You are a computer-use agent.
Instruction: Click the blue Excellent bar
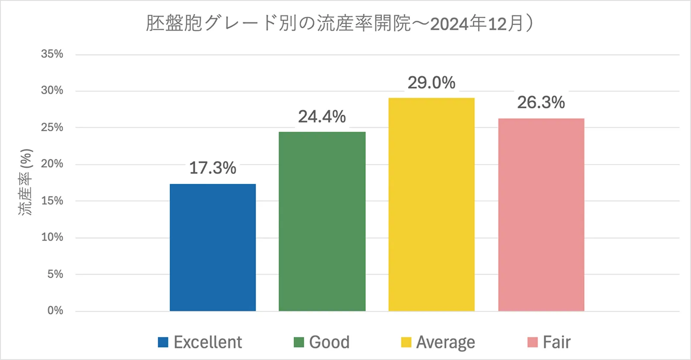pyautogui.click(x=212, y=247)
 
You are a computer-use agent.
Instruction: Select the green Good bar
pyautogui.click(x=322, y=221)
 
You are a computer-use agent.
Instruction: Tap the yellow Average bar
pyautogui.click(x=431, y=204)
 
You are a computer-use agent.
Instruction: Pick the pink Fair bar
pyautogui.click(x=541, y=215)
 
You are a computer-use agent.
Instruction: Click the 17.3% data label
pyautogui.click(x=212, y=168)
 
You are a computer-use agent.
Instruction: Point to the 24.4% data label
pyautogui.click(x=322, y=117)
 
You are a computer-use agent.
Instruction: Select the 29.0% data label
pyautogui.click(x=431, y=82)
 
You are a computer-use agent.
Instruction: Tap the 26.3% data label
pyautogui.click(x=541, y=102)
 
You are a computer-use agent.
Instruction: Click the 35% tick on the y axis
pyautogui.click(x=52, y=54)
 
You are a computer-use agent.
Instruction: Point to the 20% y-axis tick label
pyautogui.click(x=52, y=164)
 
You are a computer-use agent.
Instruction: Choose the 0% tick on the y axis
pyautogui.click(x=55, y=310)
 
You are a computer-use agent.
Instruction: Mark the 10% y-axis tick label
pyautogui.click(x=52, y=237)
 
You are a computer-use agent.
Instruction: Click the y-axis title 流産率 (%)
pyautogui.click(x=25, y=182)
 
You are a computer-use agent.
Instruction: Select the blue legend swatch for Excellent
pyautogui.click(x=163, y=342)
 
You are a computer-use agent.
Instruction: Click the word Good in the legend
pyautogui.click(x=329, y=342)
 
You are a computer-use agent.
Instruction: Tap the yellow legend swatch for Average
pyautogui.click(x=406, y=342)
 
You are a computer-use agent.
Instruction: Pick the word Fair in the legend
pyautogui.click(x=557, y=342)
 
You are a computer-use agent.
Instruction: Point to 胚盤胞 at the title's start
pyautogui.click(x=174, y=23)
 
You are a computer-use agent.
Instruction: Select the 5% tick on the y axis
pyautogui.click(x=55, y=274)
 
